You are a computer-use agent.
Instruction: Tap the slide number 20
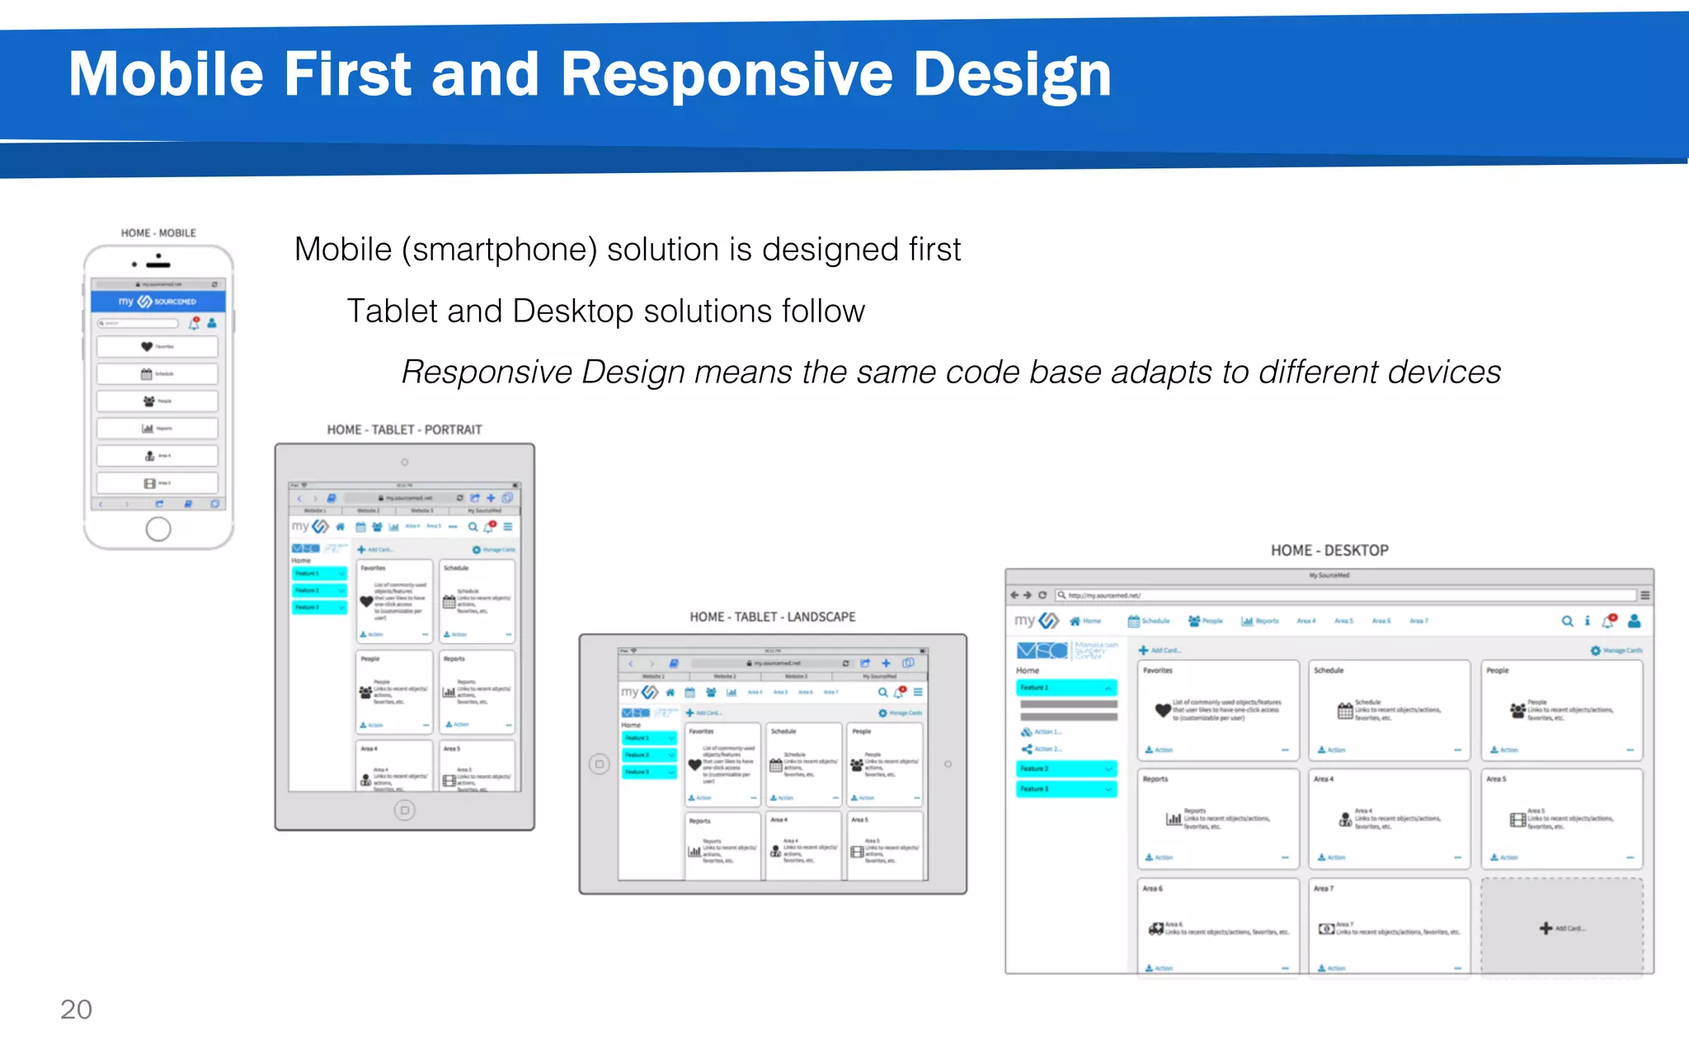(76, 1009)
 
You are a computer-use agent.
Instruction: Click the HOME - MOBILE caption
(158, 233)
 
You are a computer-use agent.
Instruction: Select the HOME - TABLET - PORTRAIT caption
(404, 429)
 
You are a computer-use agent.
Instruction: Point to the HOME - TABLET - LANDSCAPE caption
(772, 617)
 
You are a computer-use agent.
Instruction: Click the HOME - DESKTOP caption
(1329, 551)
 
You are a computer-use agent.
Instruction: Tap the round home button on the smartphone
(158, 529)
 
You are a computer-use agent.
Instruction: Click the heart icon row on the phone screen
(157, 347)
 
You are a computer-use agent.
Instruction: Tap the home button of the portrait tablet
(404, 810)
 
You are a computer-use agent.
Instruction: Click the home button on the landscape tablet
(600, 764)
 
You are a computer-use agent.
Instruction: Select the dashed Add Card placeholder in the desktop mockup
(1561, 927)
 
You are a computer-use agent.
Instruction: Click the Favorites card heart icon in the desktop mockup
(1163, 710)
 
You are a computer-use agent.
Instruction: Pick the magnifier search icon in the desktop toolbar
(1567, 621)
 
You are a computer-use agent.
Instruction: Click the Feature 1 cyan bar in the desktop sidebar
(1066, 687)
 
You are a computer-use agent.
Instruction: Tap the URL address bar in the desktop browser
(1344, 595)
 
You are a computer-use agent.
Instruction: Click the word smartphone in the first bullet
(499, 250)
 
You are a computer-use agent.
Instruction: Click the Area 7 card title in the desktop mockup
(1323, 889)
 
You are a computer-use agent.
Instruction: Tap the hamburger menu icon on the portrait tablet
(508, 527)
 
